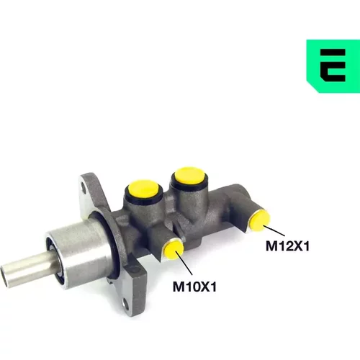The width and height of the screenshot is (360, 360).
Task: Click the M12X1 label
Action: pos(287,246)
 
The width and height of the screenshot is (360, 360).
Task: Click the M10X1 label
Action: pos(194,287)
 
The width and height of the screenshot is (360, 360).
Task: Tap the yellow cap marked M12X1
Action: pos(259,220)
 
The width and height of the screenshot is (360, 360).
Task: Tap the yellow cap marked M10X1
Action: pos(174,250)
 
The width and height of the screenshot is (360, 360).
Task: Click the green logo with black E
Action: pos(333,66)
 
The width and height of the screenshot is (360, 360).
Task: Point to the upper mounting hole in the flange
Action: pos(84,187)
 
